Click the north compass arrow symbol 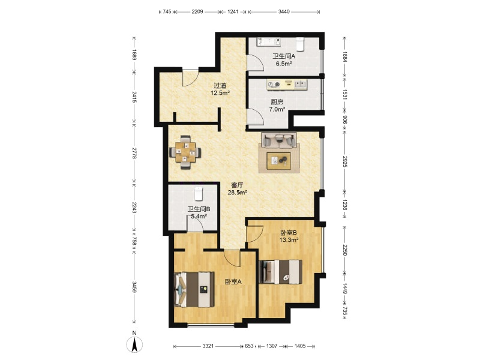click(x=134, y=344)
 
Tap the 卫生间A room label click(x=284, y=56)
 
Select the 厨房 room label click(x=277, y=101)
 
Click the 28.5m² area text click(x=237, y=193)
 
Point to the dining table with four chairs click(x=185, y=152)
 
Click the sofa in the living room click(x=279, y=140)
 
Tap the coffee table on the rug click(x=279, y=160)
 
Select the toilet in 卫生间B click(x=199, y=193)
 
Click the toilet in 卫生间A click(x=299, y=44)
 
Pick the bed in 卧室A click(x=194, y=289)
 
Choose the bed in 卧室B click(x=281, y=272)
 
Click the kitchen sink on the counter click(x=301, y=84)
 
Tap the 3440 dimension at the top click(x=284, y=12)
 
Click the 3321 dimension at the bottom click(x=208, y=346)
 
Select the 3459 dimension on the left click(x=134, y=287)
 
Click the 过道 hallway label click(x=220, y=86)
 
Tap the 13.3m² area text click(x=289, y=240)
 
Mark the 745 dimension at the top click(x=167, y=12)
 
